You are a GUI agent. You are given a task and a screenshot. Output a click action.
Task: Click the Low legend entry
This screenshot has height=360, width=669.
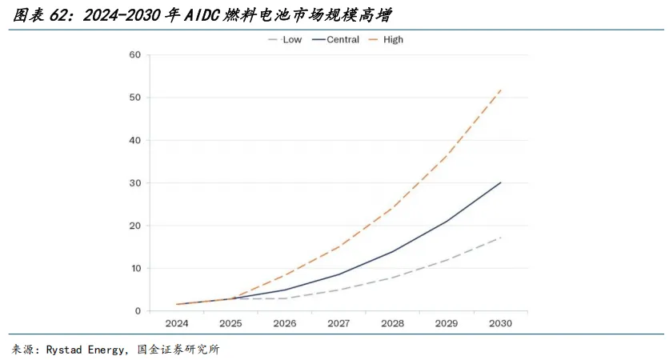point(285,40)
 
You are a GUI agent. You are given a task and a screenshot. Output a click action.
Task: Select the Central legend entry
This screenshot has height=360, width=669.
point(336,40)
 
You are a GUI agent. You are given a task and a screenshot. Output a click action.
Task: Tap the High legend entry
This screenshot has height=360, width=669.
point(386,40)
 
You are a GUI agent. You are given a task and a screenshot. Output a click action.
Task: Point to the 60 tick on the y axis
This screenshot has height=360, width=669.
point(134,54)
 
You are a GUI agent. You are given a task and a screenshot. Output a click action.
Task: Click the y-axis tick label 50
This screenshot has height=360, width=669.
point(134,98)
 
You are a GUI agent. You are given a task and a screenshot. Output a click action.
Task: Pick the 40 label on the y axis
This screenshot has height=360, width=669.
point(134,140)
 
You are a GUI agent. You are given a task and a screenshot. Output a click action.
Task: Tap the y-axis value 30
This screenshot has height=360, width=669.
point(134,183)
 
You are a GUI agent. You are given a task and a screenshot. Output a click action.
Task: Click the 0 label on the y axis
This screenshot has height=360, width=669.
point(138,311)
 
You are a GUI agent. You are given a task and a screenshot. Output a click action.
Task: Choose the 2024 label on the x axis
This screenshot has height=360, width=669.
point(177,323)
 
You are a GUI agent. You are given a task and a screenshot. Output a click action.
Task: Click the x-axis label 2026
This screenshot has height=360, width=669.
point(285,323)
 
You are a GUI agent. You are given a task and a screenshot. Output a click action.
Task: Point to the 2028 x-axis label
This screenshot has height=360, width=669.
point(393,323)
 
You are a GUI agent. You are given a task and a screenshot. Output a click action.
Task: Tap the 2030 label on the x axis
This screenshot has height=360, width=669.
point(500,323)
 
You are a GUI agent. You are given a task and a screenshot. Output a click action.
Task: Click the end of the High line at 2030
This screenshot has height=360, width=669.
point(500,90)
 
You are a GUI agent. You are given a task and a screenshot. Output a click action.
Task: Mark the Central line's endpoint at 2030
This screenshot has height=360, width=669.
point(500,182)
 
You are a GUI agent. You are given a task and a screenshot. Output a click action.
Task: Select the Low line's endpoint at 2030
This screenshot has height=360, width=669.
point(500,237)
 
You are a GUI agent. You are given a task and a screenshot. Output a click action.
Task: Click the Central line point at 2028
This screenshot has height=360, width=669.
point(393,251)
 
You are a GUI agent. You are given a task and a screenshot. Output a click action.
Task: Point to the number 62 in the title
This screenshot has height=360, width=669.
point(58,16)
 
